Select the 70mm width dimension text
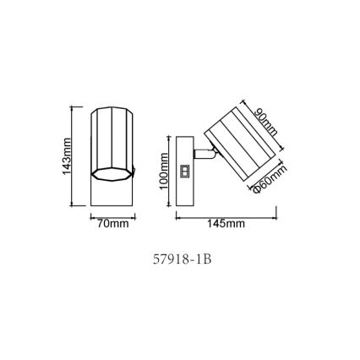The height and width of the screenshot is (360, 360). point(112,224)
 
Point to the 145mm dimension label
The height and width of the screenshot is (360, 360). point(226,224)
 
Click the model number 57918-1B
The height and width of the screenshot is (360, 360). point(180,260)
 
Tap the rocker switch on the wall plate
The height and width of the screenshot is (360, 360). point(184,171)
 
